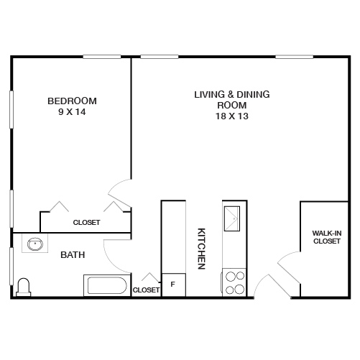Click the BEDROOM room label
coord(72,101)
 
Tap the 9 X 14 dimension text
coord(72,112)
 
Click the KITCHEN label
coord(202,249)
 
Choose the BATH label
coord(73,255)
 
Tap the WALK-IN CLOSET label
coord(326,237)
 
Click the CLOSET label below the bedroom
coord(86,223)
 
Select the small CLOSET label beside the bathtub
coord(146,290)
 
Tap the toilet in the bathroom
coord(24,287)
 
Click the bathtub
coord(107,286)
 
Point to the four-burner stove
coord(234,282)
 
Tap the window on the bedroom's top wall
coord(101,57)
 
